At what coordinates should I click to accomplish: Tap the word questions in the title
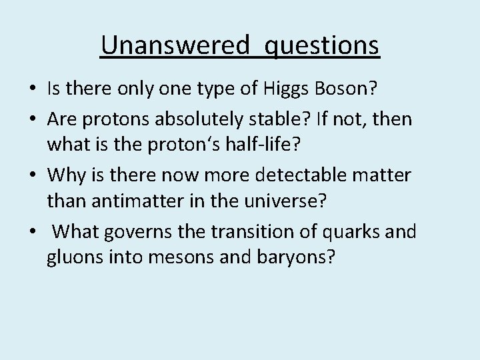[323, 47]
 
